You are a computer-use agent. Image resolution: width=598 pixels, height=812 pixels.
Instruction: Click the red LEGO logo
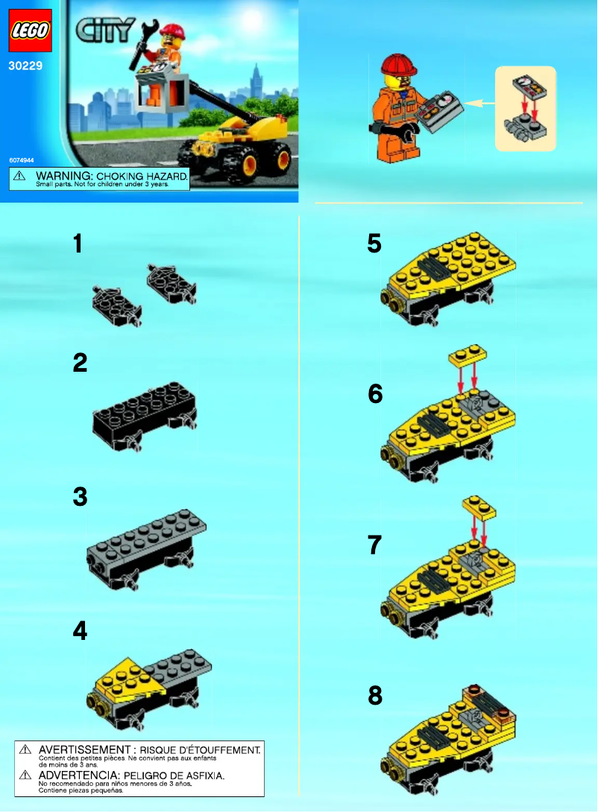pyautogui.click(x=30, y=31)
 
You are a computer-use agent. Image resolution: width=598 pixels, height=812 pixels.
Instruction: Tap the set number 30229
pyautogui.click(x=25, y=66)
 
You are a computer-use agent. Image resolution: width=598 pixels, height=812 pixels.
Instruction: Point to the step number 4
pyautogui.click(x=80, y=631)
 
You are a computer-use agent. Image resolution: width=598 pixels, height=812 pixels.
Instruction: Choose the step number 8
pyautogui.click(x=375, y=696)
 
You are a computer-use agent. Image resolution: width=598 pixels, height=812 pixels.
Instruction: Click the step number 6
pyautogui.click(x=375, y=393)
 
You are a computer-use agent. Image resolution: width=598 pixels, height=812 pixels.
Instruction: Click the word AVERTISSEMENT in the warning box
pyautogui.click(x=84, y=749)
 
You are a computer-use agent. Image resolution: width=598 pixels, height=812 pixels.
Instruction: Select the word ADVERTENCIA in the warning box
pyautogui.click(x=79, y=775)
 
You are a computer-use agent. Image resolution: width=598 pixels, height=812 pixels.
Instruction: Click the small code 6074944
pyautogui.click(x=22, y=160)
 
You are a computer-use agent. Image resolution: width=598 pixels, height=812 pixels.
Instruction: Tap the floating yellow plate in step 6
pyautogui.click(x=467, y=358)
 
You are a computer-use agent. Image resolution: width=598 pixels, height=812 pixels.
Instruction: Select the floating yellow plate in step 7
pyautogui.click(x=479, y=508)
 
